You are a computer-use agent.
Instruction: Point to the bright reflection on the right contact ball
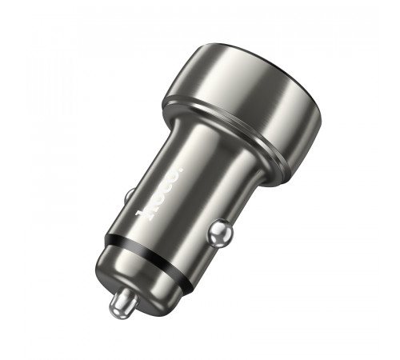tap(218, 230)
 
